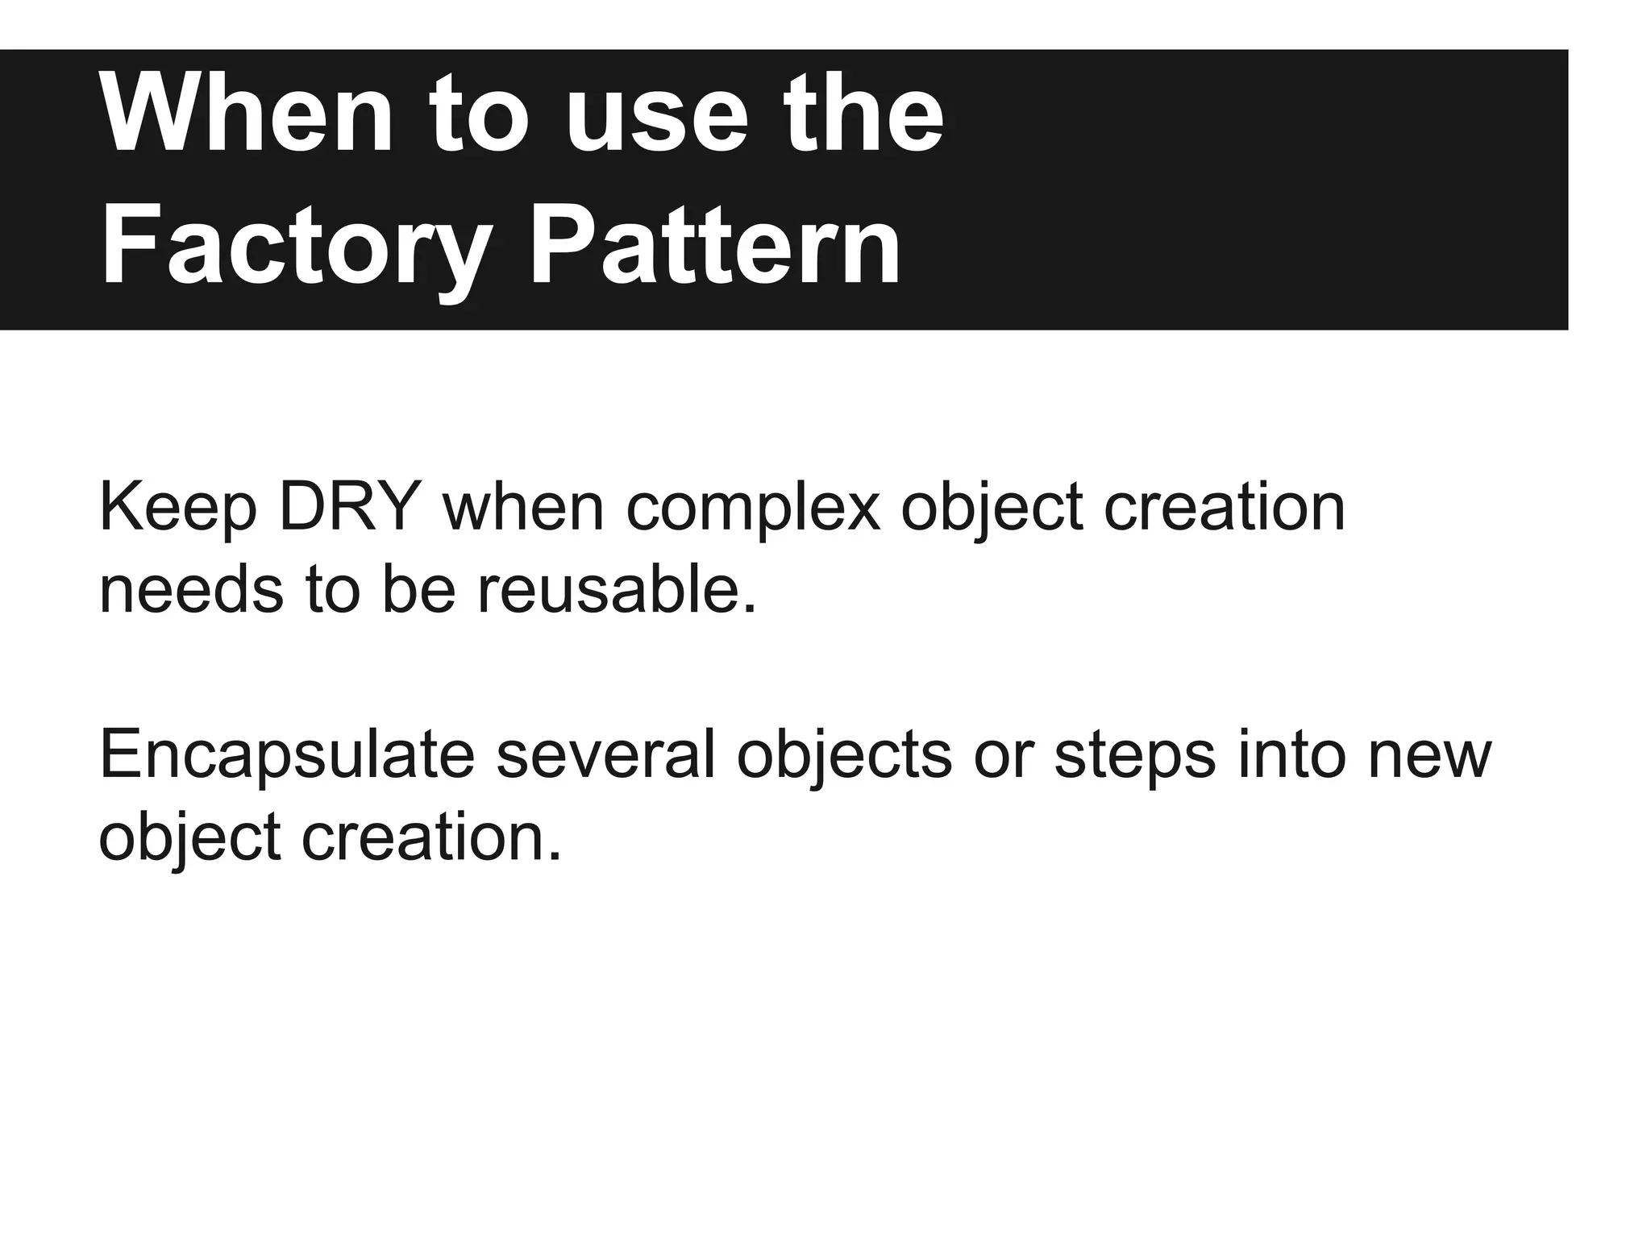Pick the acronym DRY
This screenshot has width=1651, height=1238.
coord(350,508)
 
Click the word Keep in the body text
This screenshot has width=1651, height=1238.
coord(177,508)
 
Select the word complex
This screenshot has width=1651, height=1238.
coord(753,508)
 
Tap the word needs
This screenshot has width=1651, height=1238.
coord(191,590)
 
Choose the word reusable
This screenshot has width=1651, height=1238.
coord(618,590)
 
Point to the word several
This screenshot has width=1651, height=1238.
coord(605,756)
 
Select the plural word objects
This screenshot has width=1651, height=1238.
coord(844,756)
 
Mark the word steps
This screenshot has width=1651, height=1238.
coord(1135,756)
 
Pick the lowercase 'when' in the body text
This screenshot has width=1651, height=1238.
coord(523,508)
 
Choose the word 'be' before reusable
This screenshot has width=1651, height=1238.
coord(418,590)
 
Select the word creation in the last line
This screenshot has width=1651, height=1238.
coord(430,838)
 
